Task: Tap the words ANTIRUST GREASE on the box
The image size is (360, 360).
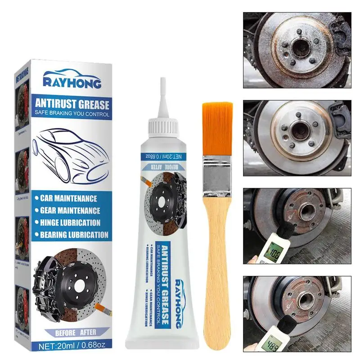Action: tap(72, 104)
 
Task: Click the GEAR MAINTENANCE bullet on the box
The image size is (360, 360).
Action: tap(70, 210)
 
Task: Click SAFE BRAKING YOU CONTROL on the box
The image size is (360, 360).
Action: tap(72, 114)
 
